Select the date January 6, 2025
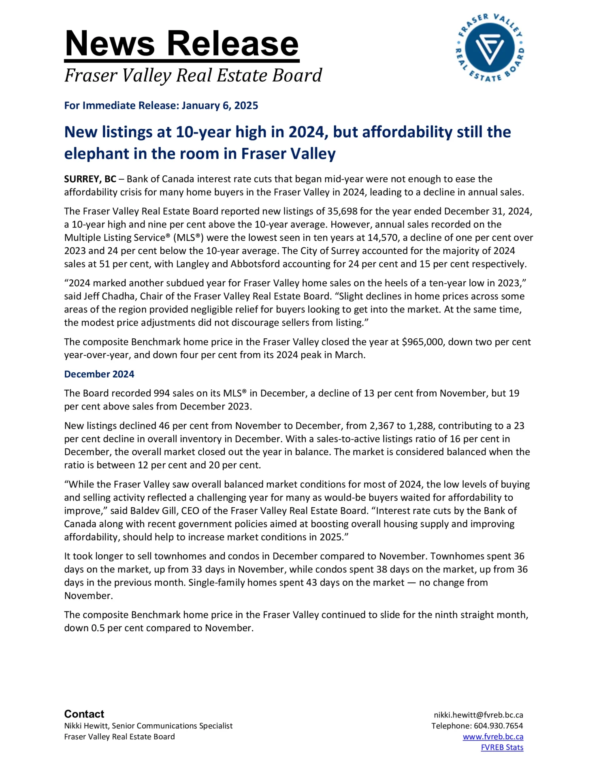coord(220,106)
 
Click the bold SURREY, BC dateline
coord(90,179)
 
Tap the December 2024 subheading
coord(99,374)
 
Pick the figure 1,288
coord(420,426)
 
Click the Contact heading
coord(84,714)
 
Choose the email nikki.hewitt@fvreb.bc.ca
coord(478,715)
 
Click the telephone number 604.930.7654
coord(498,726)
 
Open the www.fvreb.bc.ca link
coord(493,737)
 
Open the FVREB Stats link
coord(502,747)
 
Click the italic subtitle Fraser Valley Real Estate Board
coord(193,76)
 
